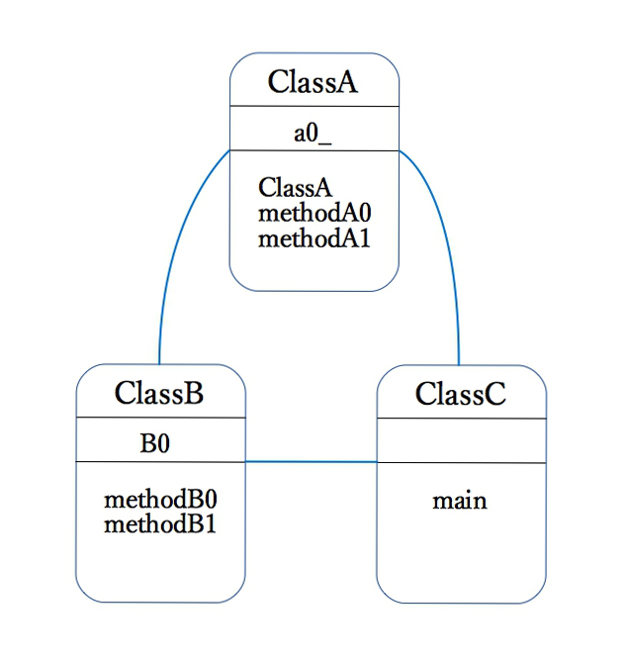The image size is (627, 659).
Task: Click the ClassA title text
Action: [x=313, y=82]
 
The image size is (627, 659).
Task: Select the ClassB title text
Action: [x=159, y=393]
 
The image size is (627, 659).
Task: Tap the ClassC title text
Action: [x=460, y=394]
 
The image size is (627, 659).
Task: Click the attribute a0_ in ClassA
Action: [x=313, y=135]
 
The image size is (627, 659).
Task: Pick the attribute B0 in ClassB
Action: [x=154, y=444]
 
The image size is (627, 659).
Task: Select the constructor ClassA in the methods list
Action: [x=295, y=187]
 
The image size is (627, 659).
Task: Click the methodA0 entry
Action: [x=313, y=212]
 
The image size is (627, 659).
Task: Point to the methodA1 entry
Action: [x=313, y=237]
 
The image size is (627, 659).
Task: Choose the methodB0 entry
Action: [x=160, y=499]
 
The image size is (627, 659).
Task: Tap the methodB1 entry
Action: [x=160, y=523]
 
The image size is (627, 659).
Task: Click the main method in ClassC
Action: [x=459, y=501]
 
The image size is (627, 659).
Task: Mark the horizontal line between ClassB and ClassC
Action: [x=311, y=461]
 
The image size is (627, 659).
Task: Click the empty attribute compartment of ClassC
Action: [x=461, y=440]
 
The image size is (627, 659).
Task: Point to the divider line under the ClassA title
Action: [x=313, y=106]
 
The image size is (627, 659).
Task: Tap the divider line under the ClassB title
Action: [x=160, y=418]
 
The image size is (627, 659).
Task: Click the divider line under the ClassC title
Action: [x=461, y=419]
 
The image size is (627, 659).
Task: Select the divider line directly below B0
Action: [x=160, y=462]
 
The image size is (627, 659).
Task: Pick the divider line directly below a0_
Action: [x=313, y=150]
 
